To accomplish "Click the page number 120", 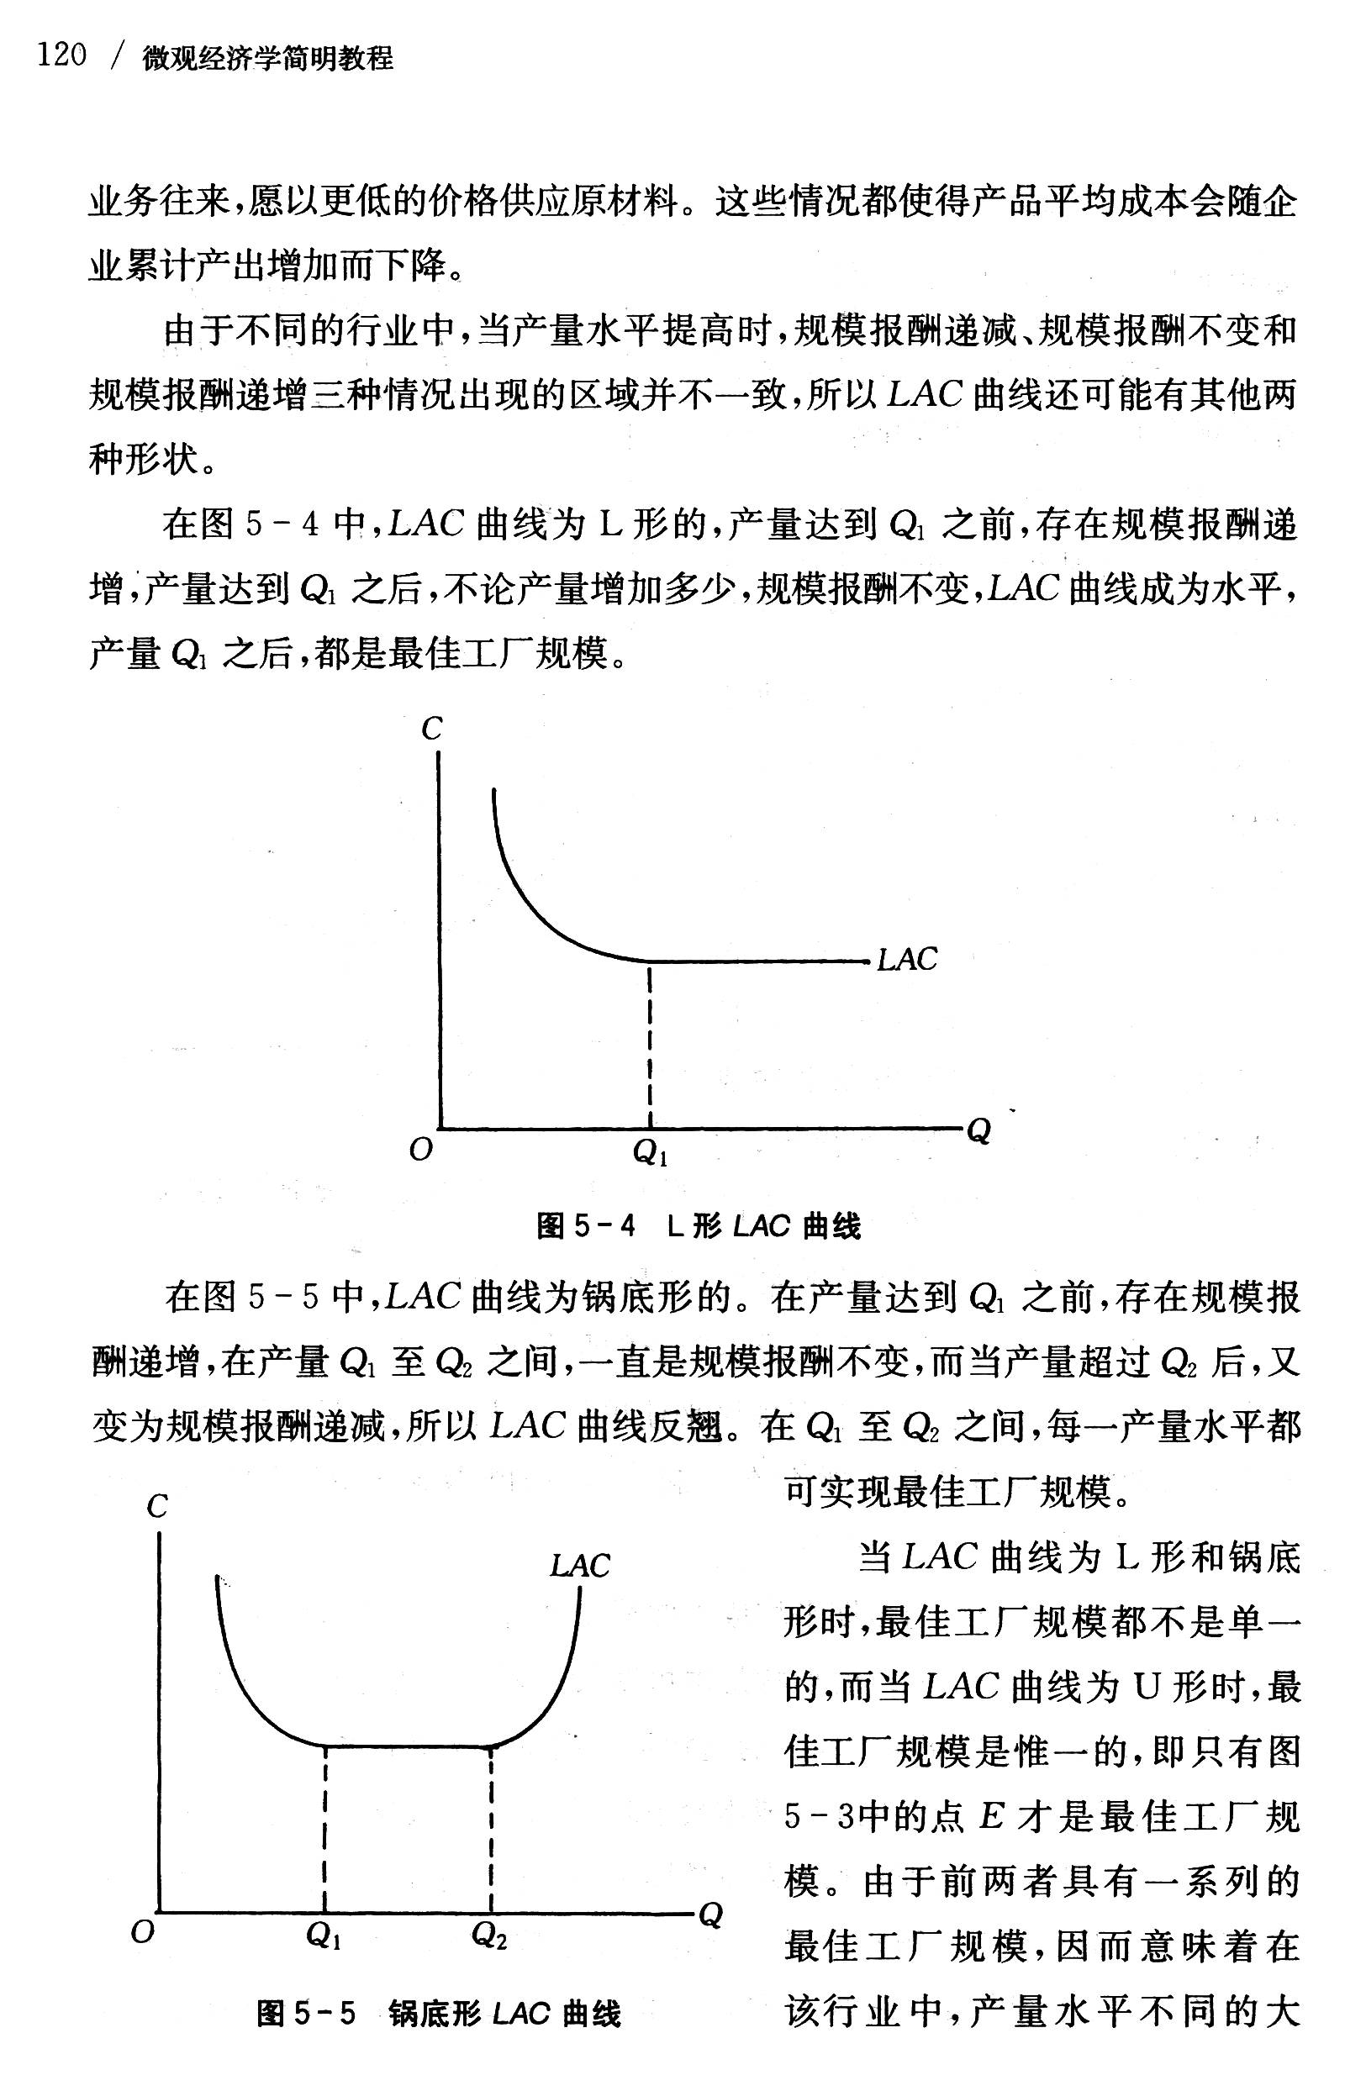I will point(61,55).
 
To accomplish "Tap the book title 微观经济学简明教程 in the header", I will point(268,59).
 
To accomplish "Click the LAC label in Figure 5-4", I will point(906,960).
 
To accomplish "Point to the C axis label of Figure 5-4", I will point(431,729).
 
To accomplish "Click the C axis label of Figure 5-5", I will point(157,1506).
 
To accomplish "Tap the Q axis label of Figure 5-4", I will point(979,1131).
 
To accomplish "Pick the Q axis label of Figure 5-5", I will point(711,1915).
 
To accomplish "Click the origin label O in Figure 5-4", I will point(421,1150).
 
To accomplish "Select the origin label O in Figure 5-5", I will point(141,1931).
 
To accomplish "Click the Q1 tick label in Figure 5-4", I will point(650,1154).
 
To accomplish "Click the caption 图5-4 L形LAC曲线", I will point(699,1227).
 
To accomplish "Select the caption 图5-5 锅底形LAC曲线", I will point(439,2013).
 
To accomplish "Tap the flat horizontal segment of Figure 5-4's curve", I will point(760,961).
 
